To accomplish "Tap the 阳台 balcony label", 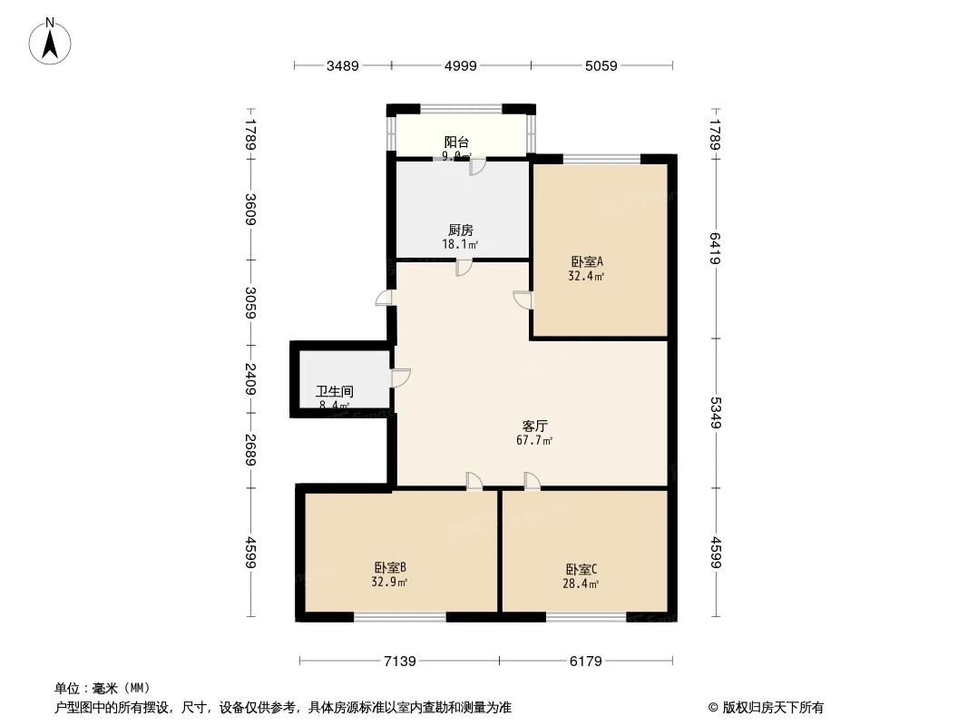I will click(456, 142).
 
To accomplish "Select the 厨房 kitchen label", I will click(461, 231).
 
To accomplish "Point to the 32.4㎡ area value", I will click(586, 276).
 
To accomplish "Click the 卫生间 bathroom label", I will click(335, 392).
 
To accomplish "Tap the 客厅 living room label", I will click(535, 425).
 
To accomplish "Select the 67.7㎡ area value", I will click(534, 440).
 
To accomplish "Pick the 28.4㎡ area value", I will click(581, 584).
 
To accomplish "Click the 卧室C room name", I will click(581, 569).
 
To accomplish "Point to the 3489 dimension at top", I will click(343, 65).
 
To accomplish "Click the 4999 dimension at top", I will click(461, 65).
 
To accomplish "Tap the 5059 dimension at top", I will click(601, 65).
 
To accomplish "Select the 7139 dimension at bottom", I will click(399, 662).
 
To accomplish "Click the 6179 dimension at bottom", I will click(586, 662).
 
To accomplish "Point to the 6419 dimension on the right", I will click(716, 249).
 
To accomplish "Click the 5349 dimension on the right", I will click(716, 413).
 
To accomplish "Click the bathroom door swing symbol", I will click(400, 378).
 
